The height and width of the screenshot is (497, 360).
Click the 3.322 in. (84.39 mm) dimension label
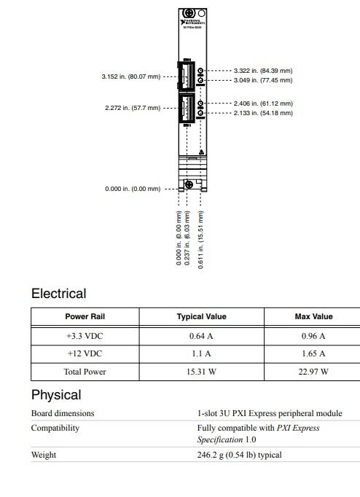click(263, 71)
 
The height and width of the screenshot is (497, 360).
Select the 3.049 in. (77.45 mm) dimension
click(263, 80)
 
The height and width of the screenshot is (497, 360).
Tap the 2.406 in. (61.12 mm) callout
click(263, 103)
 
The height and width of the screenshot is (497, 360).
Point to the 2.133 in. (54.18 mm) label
click(263, 113)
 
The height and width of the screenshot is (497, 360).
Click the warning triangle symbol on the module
click(200, 153)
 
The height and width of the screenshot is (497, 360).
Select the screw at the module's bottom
click(189, 184)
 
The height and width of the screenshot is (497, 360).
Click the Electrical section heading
click(58, 294)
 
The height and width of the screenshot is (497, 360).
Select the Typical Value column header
click(201, 316)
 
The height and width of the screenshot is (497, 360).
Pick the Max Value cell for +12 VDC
click(313, 353)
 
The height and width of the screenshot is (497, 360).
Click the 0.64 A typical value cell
click(201, 336)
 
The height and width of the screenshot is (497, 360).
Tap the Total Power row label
click(85, 372)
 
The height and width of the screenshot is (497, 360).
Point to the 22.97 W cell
click(313, 372)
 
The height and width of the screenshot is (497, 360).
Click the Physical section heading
click(56, 395)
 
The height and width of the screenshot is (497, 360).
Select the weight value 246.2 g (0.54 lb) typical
click(239, 455)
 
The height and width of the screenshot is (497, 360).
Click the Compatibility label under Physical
click(55, 428)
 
